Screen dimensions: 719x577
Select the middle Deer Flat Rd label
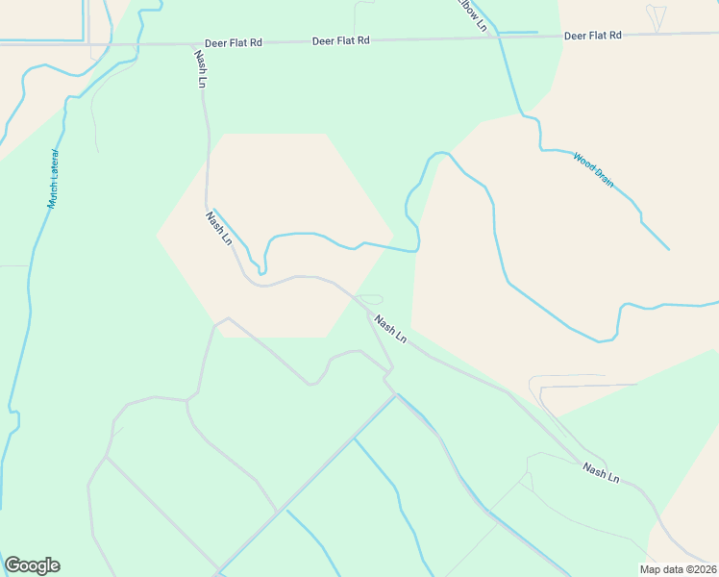[x=341, y=40]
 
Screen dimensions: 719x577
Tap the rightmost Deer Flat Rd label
[x=593, y=36]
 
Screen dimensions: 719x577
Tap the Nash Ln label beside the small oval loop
[x=391, y=330]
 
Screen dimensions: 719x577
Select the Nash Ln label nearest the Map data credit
[x=601, y=472]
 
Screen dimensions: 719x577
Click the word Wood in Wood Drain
[x=583, y=161]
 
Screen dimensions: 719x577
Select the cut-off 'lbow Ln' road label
[x=474, y=15]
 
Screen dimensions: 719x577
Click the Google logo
[x=32, y=565]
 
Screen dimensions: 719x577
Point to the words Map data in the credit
[x=660, y=569]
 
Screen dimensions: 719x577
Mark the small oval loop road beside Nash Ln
[x=370, y=298]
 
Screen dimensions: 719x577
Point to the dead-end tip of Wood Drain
[x=669, y=250]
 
